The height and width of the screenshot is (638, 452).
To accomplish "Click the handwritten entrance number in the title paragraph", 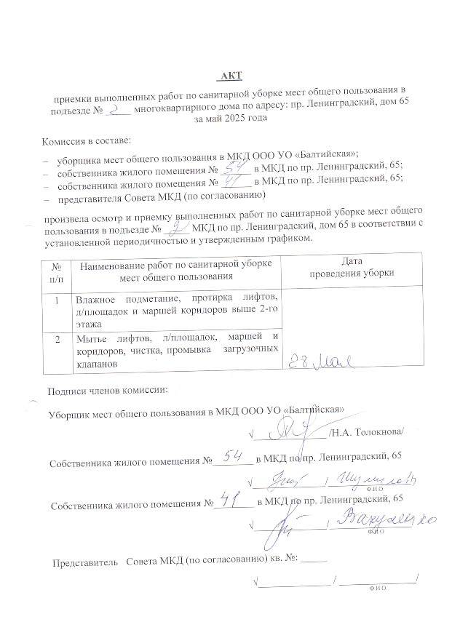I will pos(116,108).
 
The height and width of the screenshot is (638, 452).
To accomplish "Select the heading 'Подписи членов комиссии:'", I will pos(107,391).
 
